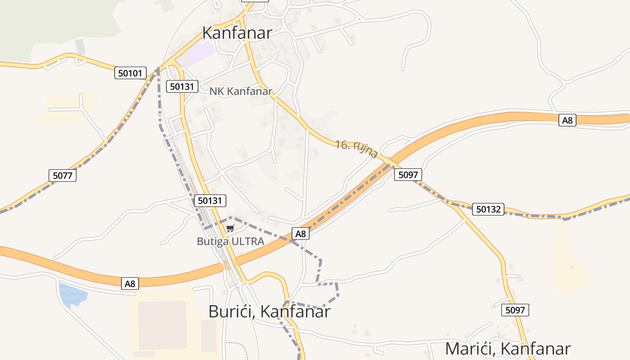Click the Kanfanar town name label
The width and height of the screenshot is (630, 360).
pyautogui.click(x=237, y=33)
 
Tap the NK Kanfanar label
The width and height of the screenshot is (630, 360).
pyautogui.click(x=241, y=91)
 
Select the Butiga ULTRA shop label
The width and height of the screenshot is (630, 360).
pyautogui.click(x=230, y=241)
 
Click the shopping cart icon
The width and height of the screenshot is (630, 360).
pyautogui.click(x=230, y=229)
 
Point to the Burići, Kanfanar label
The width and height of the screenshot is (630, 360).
pyautogui.click(x=270, y=311)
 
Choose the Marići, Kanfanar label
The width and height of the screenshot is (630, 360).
pyautogui.click(x=508, y=349)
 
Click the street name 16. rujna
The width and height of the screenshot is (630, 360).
pyautogui.click(x=356, y=149)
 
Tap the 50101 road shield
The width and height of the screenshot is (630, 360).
pyautogui.click(x=130, y=73)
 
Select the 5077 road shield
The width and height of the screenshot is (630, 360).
pyautogui.click(x=63, y=175)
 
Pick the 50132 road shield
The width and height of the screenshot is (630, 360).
pyautogui.click(x=488, y=209)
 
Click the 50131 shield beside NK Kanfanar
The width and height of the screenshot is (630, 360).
pyautogui.click(x=182, y=86)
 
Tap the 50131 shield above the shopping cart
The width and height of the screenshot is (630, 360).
pyautogui.click(x=210, y=201)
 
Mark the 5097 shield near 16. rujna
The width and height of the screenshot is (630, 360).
pyautogui.click(x=408, y=175)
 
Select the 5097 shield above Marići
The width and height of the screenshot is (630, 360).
pyautogui.click(x=515, y=310)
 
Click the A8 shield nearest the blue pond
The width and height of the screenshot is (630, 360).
pyautogui.click(x=130, y=283)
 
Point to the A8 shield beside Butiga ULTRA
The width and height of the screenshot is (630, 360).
pyautogui.click(x=301, y=234)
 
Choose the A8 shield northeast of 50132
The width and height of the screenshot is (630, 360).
pyautogui.click(x=567, y=120)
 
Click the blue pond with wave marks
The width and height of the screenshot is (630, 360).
pyautogui.click(x=72, y=295)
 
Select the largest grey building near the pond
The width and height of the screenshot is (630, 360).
pyautogui.click(x=162, y=325)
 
